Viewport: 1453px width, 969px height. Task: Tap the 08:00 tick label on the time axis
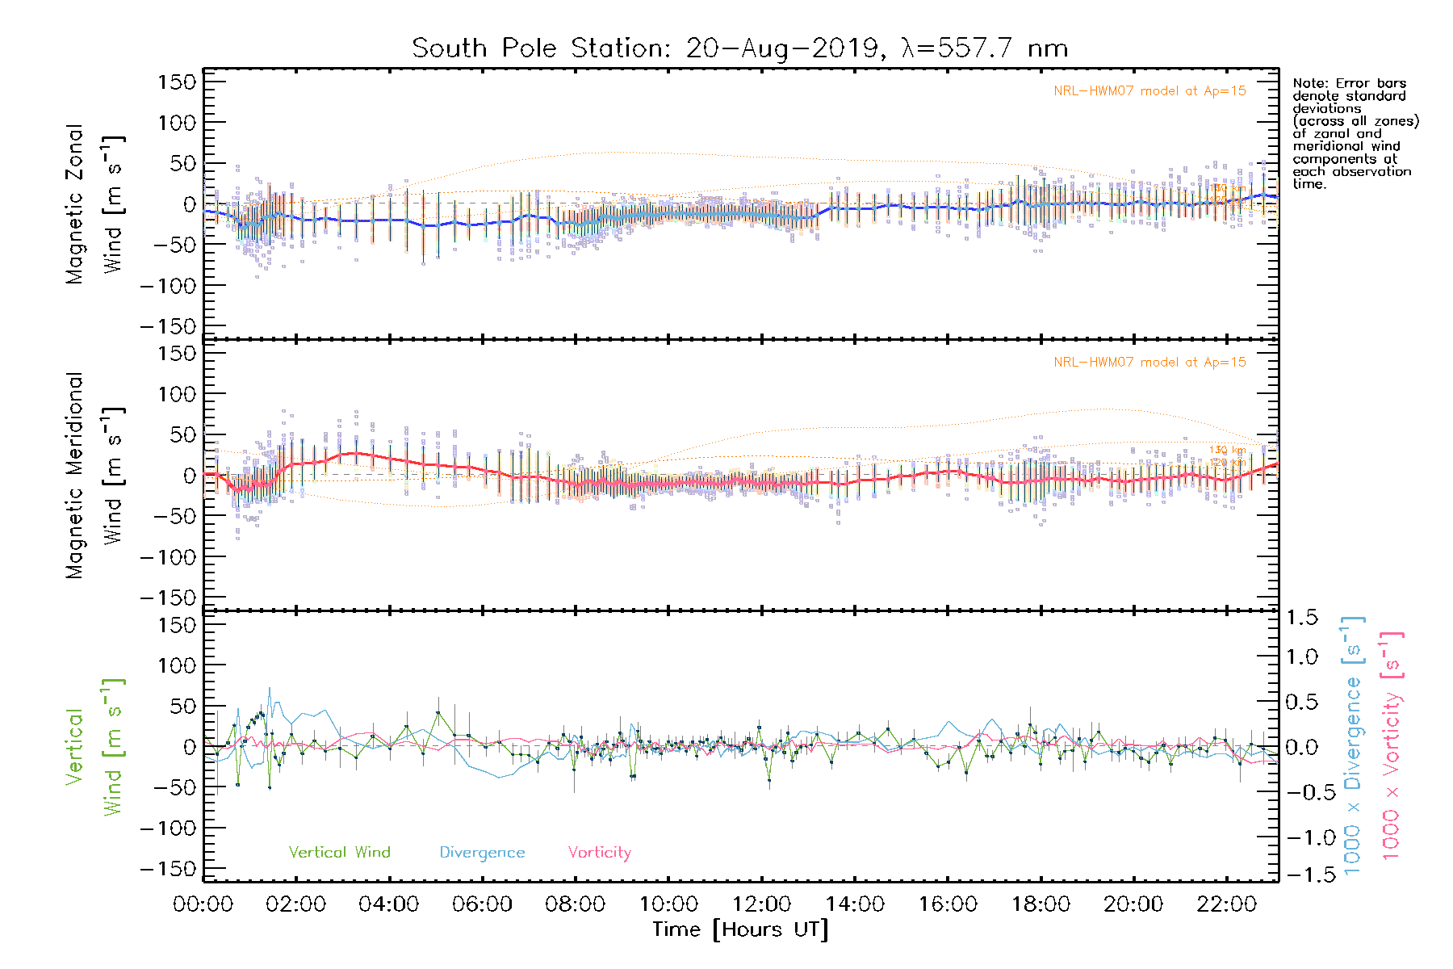coord(575,904)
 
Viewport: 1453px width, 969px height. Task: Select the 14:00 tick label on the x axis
coord(855,904)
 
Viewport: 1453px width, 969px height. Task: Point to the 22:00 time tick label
coord(1226,904)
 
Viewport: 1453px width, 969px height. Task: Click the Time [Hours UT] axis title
coord(740,929)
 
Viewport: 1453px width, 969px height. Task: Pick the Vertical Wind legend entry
coord(339,853)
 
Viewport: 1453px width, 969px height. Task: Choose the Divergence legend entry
coord(482,853)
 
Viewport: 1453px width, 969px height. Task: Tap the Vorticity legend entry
coord(599,853)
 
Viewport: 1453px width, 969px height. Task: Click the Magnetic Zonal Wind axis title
coord(94,204)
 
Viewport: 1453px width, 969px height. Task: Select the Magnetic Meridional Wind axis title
coord(94,476)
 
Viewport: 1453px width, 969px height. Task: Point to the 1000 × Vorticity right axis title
coord(1392,746)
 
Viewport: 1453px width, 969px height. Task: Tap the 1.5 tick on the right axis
coord(1302,618)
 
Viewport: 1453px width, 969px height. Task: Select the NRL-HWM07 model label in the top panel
coord(1149,91)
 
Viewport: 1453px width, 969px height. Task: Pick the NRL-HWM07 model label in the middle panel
coord(1149,363)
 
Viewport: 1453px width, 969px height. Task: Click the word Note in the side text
coord(1310,83)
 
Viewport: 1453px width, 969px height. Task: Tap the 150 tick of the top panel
coord(178,82)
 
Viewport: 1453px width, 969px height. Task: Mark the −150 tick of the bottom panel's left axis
coord(169,869)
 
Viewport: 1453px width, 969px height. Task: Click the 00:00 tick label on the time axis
coord(203,904)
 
